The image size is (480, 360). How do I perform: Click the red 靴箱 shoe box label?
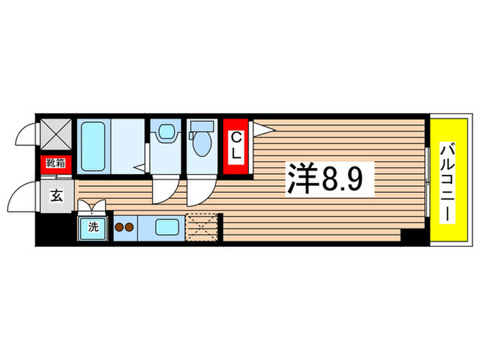(x=56, y=163)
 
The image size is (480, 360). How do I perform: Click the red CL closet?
(x=235, y=147)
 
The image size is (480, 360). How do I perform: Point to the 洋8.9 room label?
(x=330, y=178)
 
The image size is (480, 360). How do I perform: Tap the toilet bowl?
(x=203, y=144)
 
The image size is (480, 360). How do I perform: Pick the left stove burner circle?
(x=119, y=227)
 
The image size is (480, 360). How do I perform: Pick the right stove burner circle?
(x=130, y=227)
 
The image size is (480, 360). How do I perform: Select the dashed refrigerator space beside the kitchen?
(x=202, y=226)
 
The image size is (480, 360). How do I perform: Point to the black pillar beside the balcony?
(x=413, y=237)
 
